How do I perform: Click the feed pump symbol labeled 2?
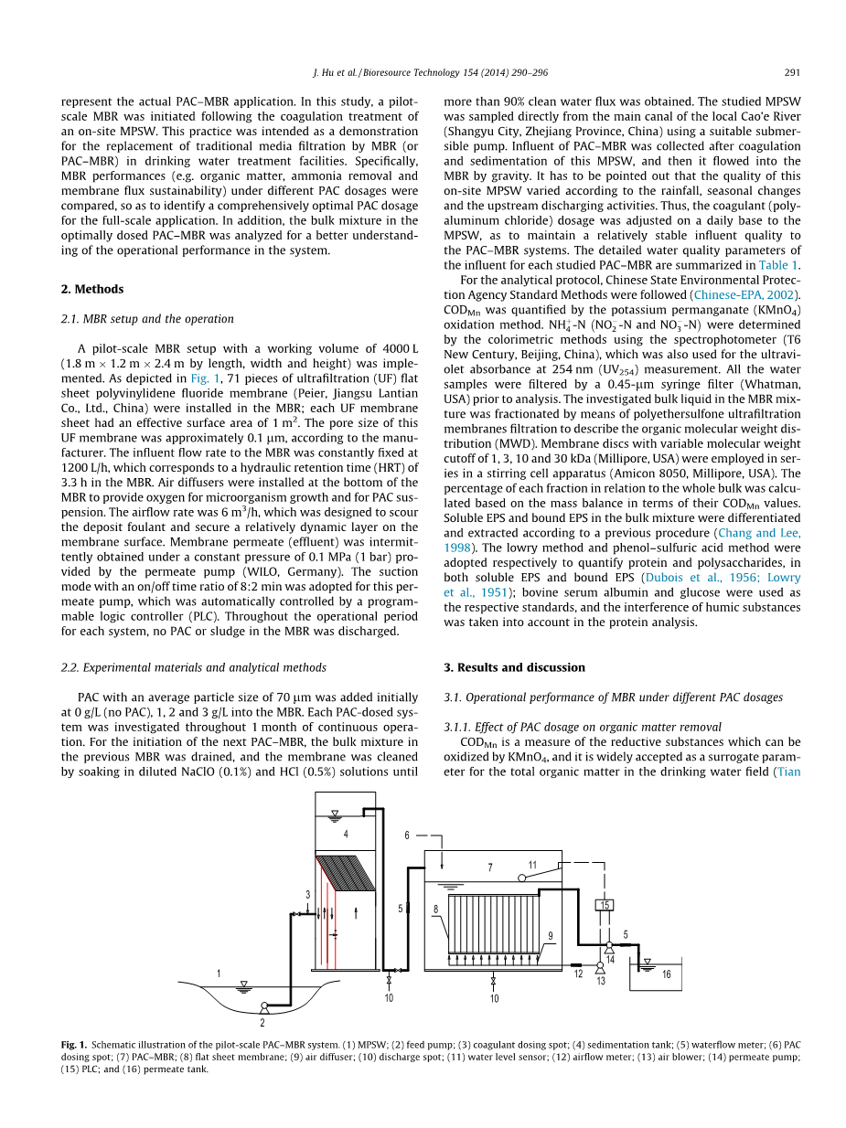click(x=262, y=1008)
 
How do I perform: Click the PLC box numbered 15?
click(x=605, y=905)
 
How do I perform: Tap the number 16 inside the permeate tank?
click(x=667, y=975)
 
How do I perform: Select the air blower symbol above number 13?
click(x=600, y=965)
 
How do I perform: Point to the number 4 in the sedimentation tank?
click(x=346, y=834)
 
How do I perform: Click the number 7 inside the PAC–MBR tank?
click(x=490, y=867)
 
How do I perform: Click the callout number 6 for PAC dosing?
click(x=408, y=835)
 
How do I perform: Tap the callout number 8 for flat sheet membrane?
click(x=435, y=909)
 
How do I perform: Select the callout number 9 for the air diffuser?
click(x=551, y=936)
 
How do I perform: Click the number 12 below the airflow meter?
click(x=578, y=975)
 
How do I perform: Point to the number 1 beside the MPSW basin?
click(x=219, y=974)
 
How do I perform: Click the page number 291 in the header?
click(x=792, y=73)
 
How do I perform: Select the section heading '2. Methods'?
click(x=92, y=289)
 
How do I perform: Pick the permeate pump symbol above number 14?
click(x=609, y=947)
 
